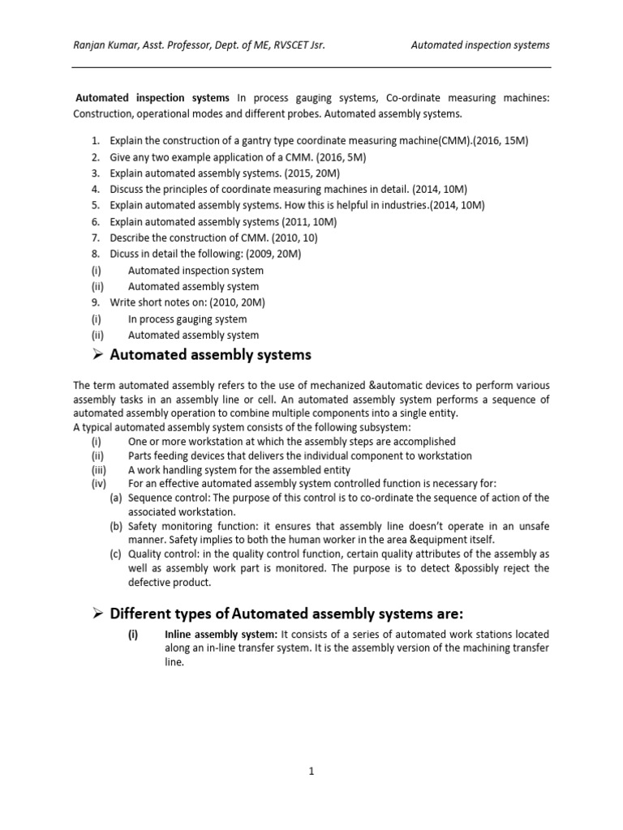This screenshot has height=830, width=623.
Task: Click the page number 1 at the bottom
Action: click(x=311, y=772)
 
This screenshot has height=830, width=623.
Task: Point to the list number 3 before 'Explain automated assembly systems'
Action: click(x=95, y=173)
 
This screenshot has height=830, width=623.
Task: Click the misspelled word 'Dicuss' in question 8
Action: click(x=125, y=254)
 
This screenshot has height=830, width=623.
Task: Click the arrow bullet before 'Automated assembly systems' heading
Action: click(x=97, y=355)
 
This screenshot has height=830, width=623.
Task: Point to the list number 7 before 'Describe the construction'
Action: click(x=95, y=237)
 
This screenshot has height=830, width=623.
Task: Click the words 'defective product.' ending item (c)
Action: click(x=170, y=582)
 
